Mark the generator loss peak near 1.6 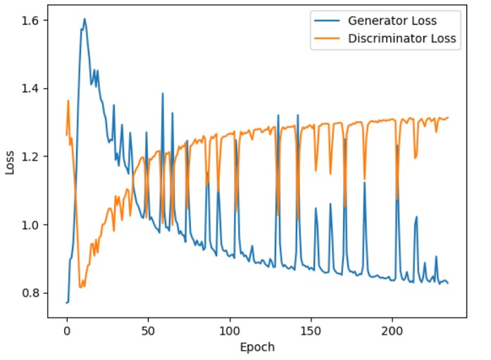(84, 19)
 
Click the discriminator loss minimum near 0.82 (81, 287)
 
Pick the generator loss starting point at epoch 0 (67, 303)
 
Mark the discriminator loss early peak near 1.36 (68, 100)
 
